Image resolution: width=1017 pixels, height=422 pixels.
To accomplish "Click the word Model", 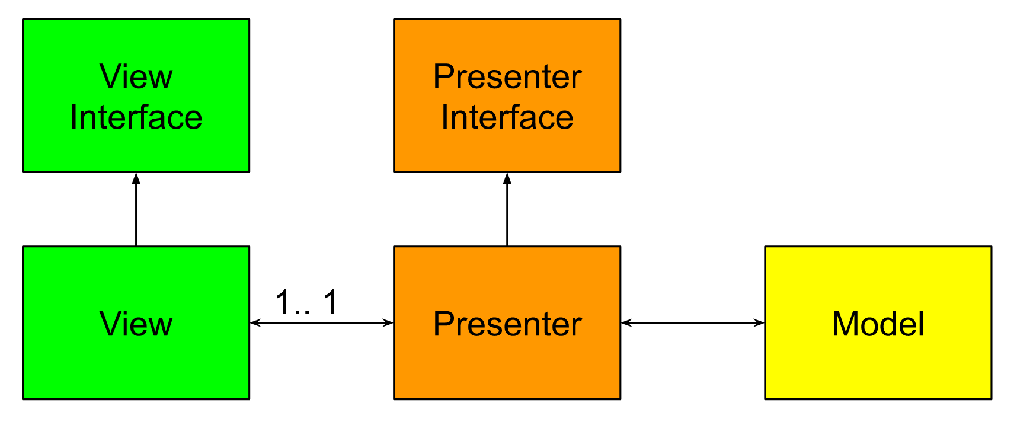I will pyautogui.click(x=878, y=324).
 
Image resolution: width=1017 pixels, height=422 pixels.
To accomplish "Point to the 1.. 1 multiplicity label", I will pyautogui.click(x=306, y=302).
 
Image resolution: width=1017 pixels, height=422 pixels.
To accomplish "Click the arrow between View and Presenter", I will pyautogui.click(x=321, y=323).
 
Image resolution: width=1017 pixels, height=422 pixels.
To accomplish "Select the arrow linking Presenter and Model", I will pyautogui.click(x=692, y=323).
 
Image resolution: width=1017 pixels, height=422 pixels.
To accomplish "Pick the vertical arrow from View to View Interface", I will pyautogui.click(x=136, y=210).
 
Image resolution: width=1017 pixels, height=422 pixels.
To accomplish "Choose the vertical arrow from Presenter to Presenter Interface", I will pyautogui.click(x=507, y=210).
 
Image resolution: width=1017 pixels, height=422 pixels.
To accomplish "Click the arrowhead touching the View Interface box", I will pyautogui.click(x=136, y=178).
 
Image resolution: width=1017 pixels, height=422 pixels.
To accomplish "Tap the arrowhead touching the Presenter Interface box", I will pyautogui.click(x=507, y=178).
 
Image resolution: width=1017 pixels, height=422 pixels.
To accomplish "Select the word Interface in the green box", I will pyautogui.click(x=136, y=117).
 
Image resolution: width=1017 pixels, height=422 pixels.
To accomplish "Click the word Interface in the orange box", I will pyautogui.click(x=507, y=117).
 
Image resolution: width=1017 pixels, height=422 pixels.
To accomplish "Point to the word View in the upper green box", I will pyautogui.click(x=136, y=77).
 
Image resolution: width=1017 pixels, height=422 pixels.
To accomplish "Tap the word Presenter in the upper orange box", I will pyautogui.click(x=507, y=77).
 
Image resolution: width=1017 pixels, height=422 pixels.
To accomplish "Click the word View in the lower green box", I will pyautogui.click(x=136, y=324).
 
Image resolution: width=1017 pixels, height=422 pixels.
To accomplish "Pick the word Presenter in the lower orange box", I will pyautogui.click(x=507, y=324).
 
